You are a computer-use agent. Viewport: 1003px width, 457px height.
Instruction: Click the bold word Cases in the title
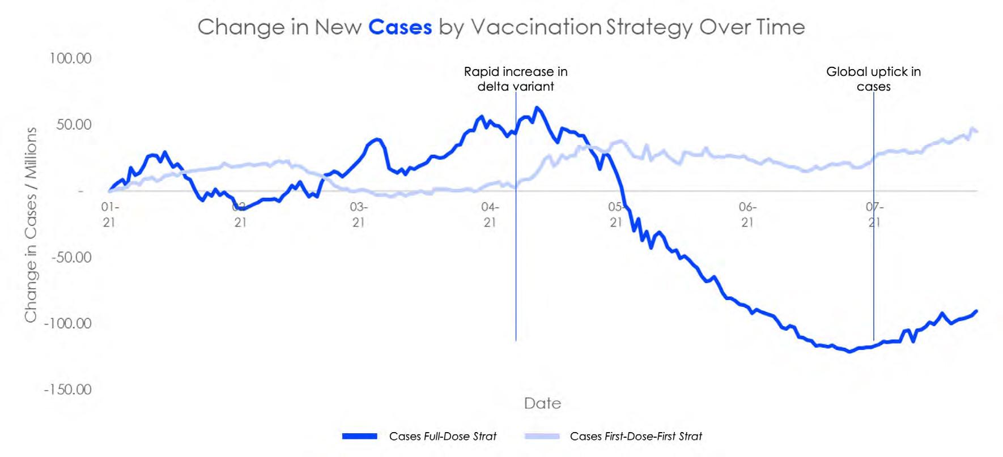click(x=400, y=27)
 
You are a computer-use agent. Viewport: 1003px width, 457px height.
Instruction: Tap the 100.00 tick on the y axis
click(x=70, y=58)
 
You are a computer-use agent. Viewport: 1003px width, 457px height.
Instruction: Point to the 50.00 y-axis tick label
click(x=74, y=125)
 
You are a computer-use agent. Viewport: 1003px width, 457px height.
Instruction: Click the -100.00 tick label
click(x=68, y=323)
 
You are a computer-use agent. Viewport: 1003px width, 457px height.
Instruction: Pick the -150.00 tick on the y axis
click(x=68, y=390)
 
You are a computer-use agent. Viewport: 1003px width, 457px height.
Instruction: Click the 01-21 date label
click(x=109, y=215)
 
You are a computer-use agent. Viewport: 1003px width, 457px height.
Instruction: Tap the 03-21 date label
click(x=358, y=215)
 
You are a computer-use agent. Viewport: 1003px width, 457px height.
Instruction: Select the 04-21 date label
click(x=490, y=215)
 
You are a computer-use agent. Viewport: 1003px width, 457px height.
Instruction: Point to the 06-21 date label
click(x=747, y=215)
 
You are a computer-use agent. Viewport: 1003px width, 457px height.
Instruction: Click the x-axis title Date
click(x=542, y=403)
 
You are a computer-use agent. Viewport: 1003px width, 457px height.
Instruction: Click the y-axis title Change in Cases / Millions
click(x=31, y=224)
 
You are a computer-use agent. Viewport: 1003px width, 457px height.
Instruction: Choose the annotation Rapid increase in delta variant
click(x=516, y=79)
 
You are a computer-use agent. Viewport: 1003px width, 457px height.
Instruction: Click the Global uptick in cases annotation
click(x=873, y=79)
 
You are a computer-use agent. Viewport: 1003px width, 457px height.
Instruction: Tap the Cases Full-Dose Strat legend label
click(x=443, y=437)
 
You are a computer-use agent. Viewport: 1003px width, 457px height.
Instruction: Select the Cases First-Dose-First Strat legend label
click(x=636, y=437)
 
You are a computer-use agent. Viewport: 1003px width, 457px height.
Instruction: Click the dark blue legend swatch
click(x=360, y=437)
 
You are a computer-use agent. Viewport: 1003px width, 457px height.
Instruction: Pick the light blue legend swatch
click(x=542, y=437)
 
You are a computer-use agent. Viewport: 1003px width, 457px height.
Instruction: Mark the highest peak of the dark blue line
click(x=536, y=108)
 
